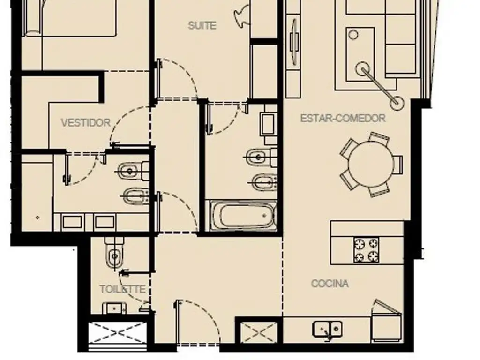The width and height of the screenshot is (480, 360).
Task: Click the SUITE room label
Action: (202, 25)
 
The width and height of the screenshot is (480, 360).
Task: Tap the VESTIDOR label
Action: (86, 123)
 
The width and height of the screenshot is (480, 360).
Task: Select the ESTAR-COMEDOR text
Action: (343, 118)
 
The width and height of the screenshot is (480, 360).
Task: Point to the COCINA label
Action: (330, 284)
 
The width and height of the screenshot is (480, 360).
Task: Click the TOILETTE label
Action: (122, 289)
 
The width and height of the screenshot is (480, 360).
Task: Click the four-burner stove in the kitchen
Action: (367, 250)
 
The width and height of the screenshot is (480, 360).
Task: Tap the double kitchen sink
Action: (327, 329)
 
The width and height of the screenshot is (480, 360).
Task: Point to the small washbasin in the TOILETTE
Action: (114, 308)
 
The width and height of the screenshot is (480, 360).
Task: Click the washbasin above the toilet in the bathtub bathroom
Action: (268, 124)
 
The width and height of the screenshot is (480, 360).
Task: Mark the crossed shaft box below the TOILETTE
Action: (117, 333)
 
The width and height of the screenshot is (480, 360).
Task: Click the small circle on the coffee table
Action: (353, 35)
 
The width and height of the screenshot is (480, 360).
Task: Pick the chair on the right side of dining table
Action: (397, 165)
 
